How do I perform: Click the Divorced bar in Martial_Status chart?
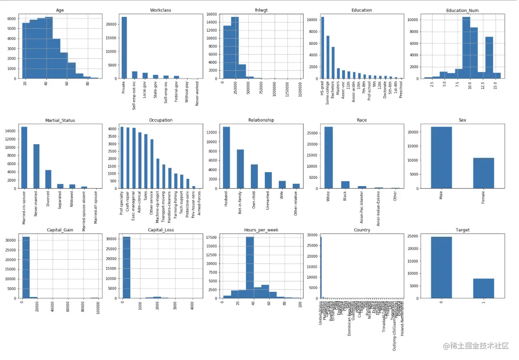(48, 179)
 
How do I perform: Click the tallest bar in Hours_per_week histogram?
(250, 267)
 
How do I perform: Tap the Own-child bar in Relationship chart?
(254, 176)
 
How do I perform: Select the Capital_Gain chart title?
(60, 230)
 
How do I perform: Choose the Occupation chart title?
(161, 120)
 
